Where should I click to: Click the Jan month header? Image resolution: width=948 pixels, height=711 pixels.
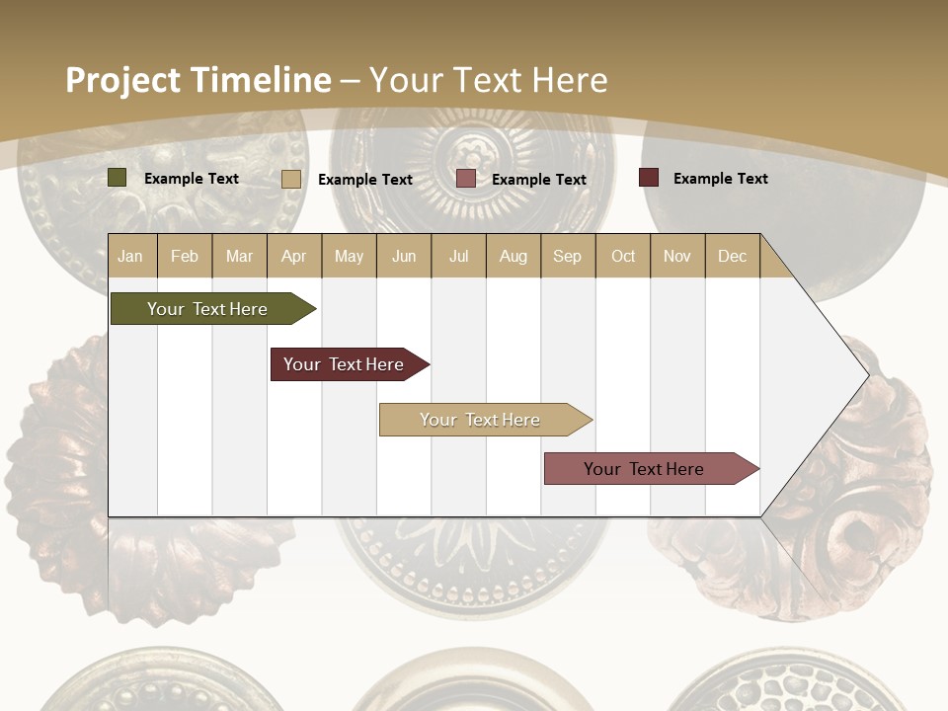tap(130, 256)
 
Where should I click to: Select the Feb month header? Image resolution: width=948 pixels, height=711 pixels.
tap(185, 256)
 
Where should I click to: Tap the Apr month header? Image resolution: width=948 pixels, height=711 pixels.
tap(293, 256)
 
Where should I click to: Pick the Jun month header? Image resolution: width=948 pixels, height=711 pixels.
tap(404, 256)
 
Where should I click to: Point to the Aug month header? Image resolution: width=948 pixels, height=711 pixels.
tap(513, 256)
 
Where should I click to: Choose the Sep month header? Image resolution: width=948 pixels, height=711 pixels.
tap(567, 256)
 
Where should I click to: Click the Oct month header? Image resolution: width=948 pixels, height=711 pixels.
tap(623, 256)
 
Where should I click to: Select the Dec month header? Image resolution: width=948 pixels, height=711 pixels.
tap(732, 256)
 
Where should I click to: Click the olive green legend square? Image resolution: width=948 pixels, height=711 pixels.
tap(118, 178)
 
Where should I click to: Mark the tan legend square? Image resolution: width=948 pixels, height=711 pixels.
tap(291, 179)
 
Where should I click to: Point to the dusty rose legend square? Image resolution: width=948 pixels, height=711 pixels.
tap(466, 179)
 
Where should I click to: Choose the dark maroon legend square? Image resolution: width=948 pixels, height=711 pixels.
tap(649, 178)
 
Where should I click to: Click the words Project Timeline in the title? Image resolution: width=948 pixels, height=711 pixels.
tap(198, 80)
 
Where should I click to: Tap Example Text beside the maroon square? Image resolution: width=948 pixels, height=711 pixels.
tap(720, 179)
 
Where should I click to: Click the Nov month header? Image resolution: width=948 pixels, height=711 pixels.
tap(677, 256)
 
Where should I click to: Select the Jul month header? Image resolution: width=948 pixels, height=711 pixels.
tap(458, 256)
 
